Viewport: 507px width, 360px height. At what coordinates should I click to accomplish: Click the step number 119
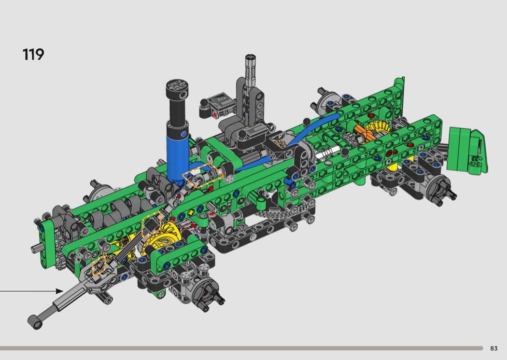click(33, 55)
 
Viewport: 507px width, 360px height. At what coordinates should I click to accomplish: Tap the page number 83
click(494, 348)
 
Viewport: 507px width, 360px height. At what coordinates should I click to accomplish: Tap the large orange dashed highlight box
click(203, 176)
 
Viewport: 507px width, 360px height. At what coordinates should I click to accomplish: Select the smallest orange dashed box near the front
click(99, 265)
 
